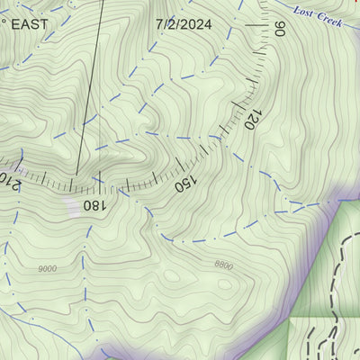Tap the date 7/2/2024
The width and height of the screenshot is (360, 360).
(x=184, y=24)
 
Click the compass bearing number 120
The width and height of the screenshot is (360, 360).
(x=253, y=118)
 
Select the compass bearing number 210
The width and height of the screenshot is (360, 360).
(x=7, y=180)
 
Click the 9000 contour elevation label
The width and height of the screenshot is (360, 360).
(x=48, y=268)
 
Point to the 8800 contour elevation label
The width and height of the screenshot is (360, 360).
(x=223, y=265)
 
